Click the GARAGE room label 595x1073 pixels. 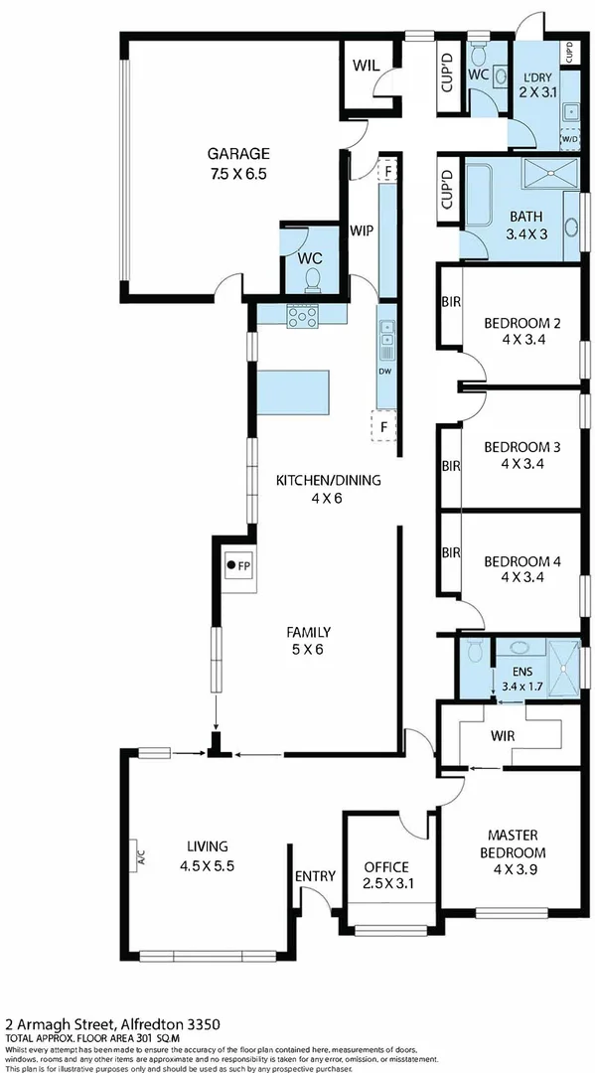[237, 153]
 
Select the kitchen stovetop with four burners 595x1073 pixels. [302, 317]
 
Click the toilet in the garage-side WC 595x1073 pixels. [312, 277]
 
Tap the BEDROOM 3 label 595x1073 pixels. [522, 447]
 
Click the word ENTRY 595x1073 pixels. [315, 875]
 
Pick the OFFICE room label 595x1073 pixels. [386, 866]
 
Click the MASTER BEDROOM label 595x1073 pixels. [517, 843]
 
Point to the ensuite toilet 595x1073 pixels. [474, 652]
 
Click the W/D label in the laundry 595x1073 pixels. [569, 139]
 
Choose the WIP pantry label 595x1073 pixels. [361, 230]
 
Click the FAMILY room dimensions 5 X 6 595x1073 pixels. [308, 650]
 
